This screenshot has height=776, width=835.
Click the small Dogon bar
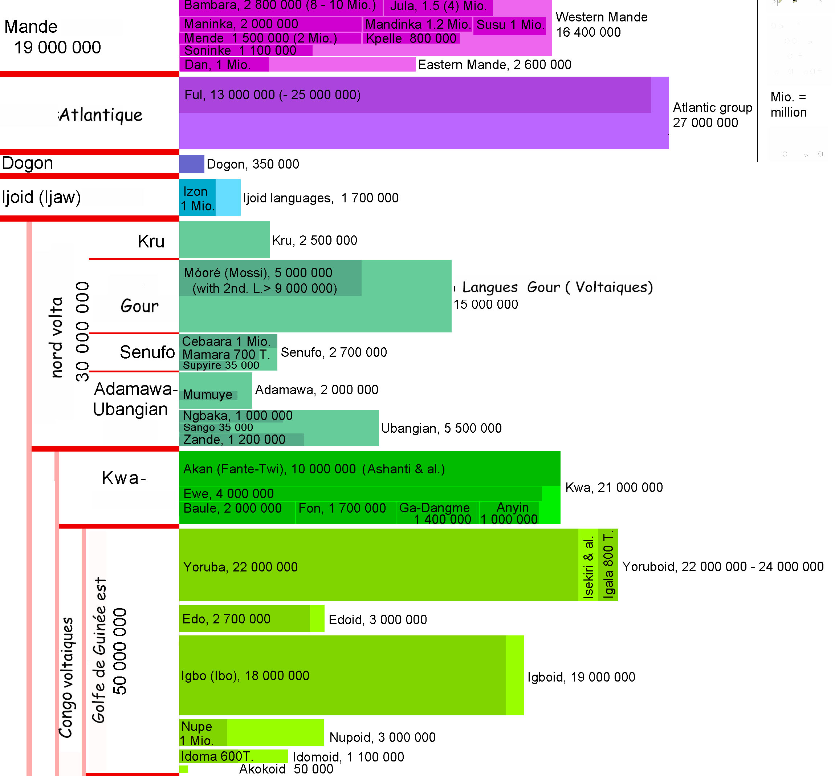[191, 164]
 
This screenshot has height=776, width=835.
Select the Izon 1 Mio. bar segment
[197, 198]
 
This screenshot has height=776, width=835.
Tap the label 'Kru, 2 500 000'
[314, 240]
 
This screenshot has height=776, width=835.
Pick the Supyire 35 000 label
[221, 365]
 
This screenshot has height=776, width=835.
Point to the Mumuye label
[207, 395]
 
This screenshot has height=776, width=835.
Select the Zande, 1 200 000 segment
[241, 440]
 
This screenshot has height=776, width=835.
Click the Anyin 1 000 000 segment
[509, 513]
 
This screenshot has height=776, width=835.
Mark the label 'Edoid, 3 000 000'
[377, 619]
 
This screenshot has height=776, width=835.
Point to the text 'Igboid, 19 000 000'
[581, 677]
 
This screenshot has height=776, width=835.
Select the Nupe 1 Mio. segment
[203, 733]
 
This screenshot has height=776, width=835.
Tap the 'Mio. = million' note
[788, 105]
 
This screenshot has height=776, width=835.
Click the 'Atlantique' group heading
[101, 115]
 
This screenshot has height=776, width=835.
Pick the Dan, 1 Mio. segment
[224, 65]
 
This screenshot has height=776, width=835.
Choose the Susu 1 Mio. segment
[509, 25]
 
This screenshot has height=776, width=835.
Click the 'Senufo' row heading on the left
[147, 352]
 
